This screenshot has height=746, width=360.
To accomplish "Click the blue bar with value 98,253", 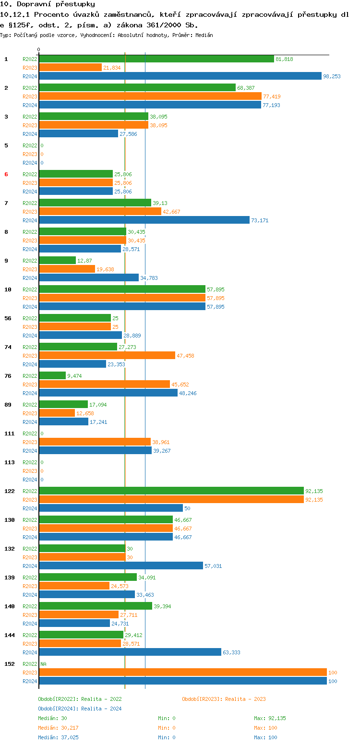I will coord(180,76).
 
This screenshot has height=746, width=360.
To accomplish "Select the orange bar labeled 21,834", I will coord(70,67).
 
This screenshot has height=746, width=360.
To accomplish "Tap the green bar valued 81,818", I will coord(156,59).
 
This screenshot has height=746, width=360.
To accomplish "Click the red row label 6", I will coord(6,174).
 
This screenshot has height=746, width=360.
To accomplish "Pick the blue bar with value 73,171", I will coord(144,220).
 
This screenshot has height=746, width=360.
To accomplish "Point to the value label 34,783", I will coord(149,278).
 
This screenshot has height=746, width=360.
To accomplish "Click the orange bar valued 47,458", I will coord(107,355).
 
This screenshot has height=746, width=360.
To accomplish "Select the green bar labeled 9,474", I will coord(52,375).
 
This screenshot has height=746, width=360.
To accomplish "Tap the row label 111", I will coord(9,433).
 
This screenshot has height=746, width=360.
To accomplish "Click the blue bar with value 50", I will coord(111,508).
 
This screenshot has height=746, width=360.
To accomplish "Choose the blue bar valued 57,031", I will coord(121,566).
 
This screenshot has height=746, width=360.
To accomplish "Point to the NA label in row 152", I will coord(43,664).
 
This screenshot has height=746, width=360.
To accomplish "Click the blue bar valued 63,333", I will coord(130,652).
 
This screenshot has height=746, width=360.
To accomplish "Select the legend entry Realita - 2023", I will coord(224,699).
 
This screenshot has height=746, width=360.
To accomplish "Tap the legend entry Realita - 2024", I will coord(80,709).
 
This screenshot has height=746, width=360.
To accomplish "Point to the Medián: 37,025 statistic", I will coord(58,737).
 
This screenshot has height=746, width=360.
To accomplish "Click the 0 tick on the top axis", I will coord(39,49).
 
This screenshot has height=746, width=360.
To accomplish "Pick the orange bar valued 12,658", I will coord(57,413).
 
